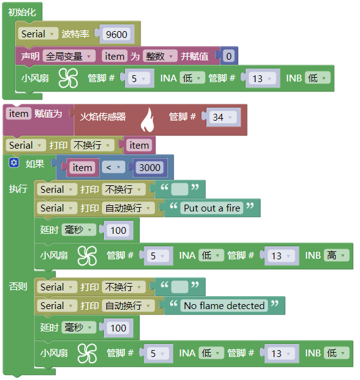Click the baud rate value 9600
click(116, 34)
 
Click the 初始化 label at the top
click(22, 12)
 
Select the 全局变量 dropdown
click(68, 57)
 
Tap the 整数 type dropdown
click(160, 57)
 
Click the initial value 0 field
click(229, 57)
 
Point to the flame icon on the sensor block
click(147, 120)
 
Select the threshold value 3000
click(150, 168)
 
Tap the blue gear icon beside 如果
click(14, 163)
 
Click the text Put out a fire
click(212, 208)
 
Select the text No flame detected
click(224, 306)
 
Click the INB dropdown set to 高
click(336, 256)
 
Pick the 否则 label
click(18, 287)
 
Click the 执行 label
click(18, 188)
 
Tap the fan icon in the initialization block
click(68, 78)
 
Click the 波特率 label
click(75, 34)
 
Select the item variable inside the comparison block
click(82, 168)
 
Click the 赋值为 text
click(48, 114)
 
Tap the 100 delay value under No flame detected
click(118, 328)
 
